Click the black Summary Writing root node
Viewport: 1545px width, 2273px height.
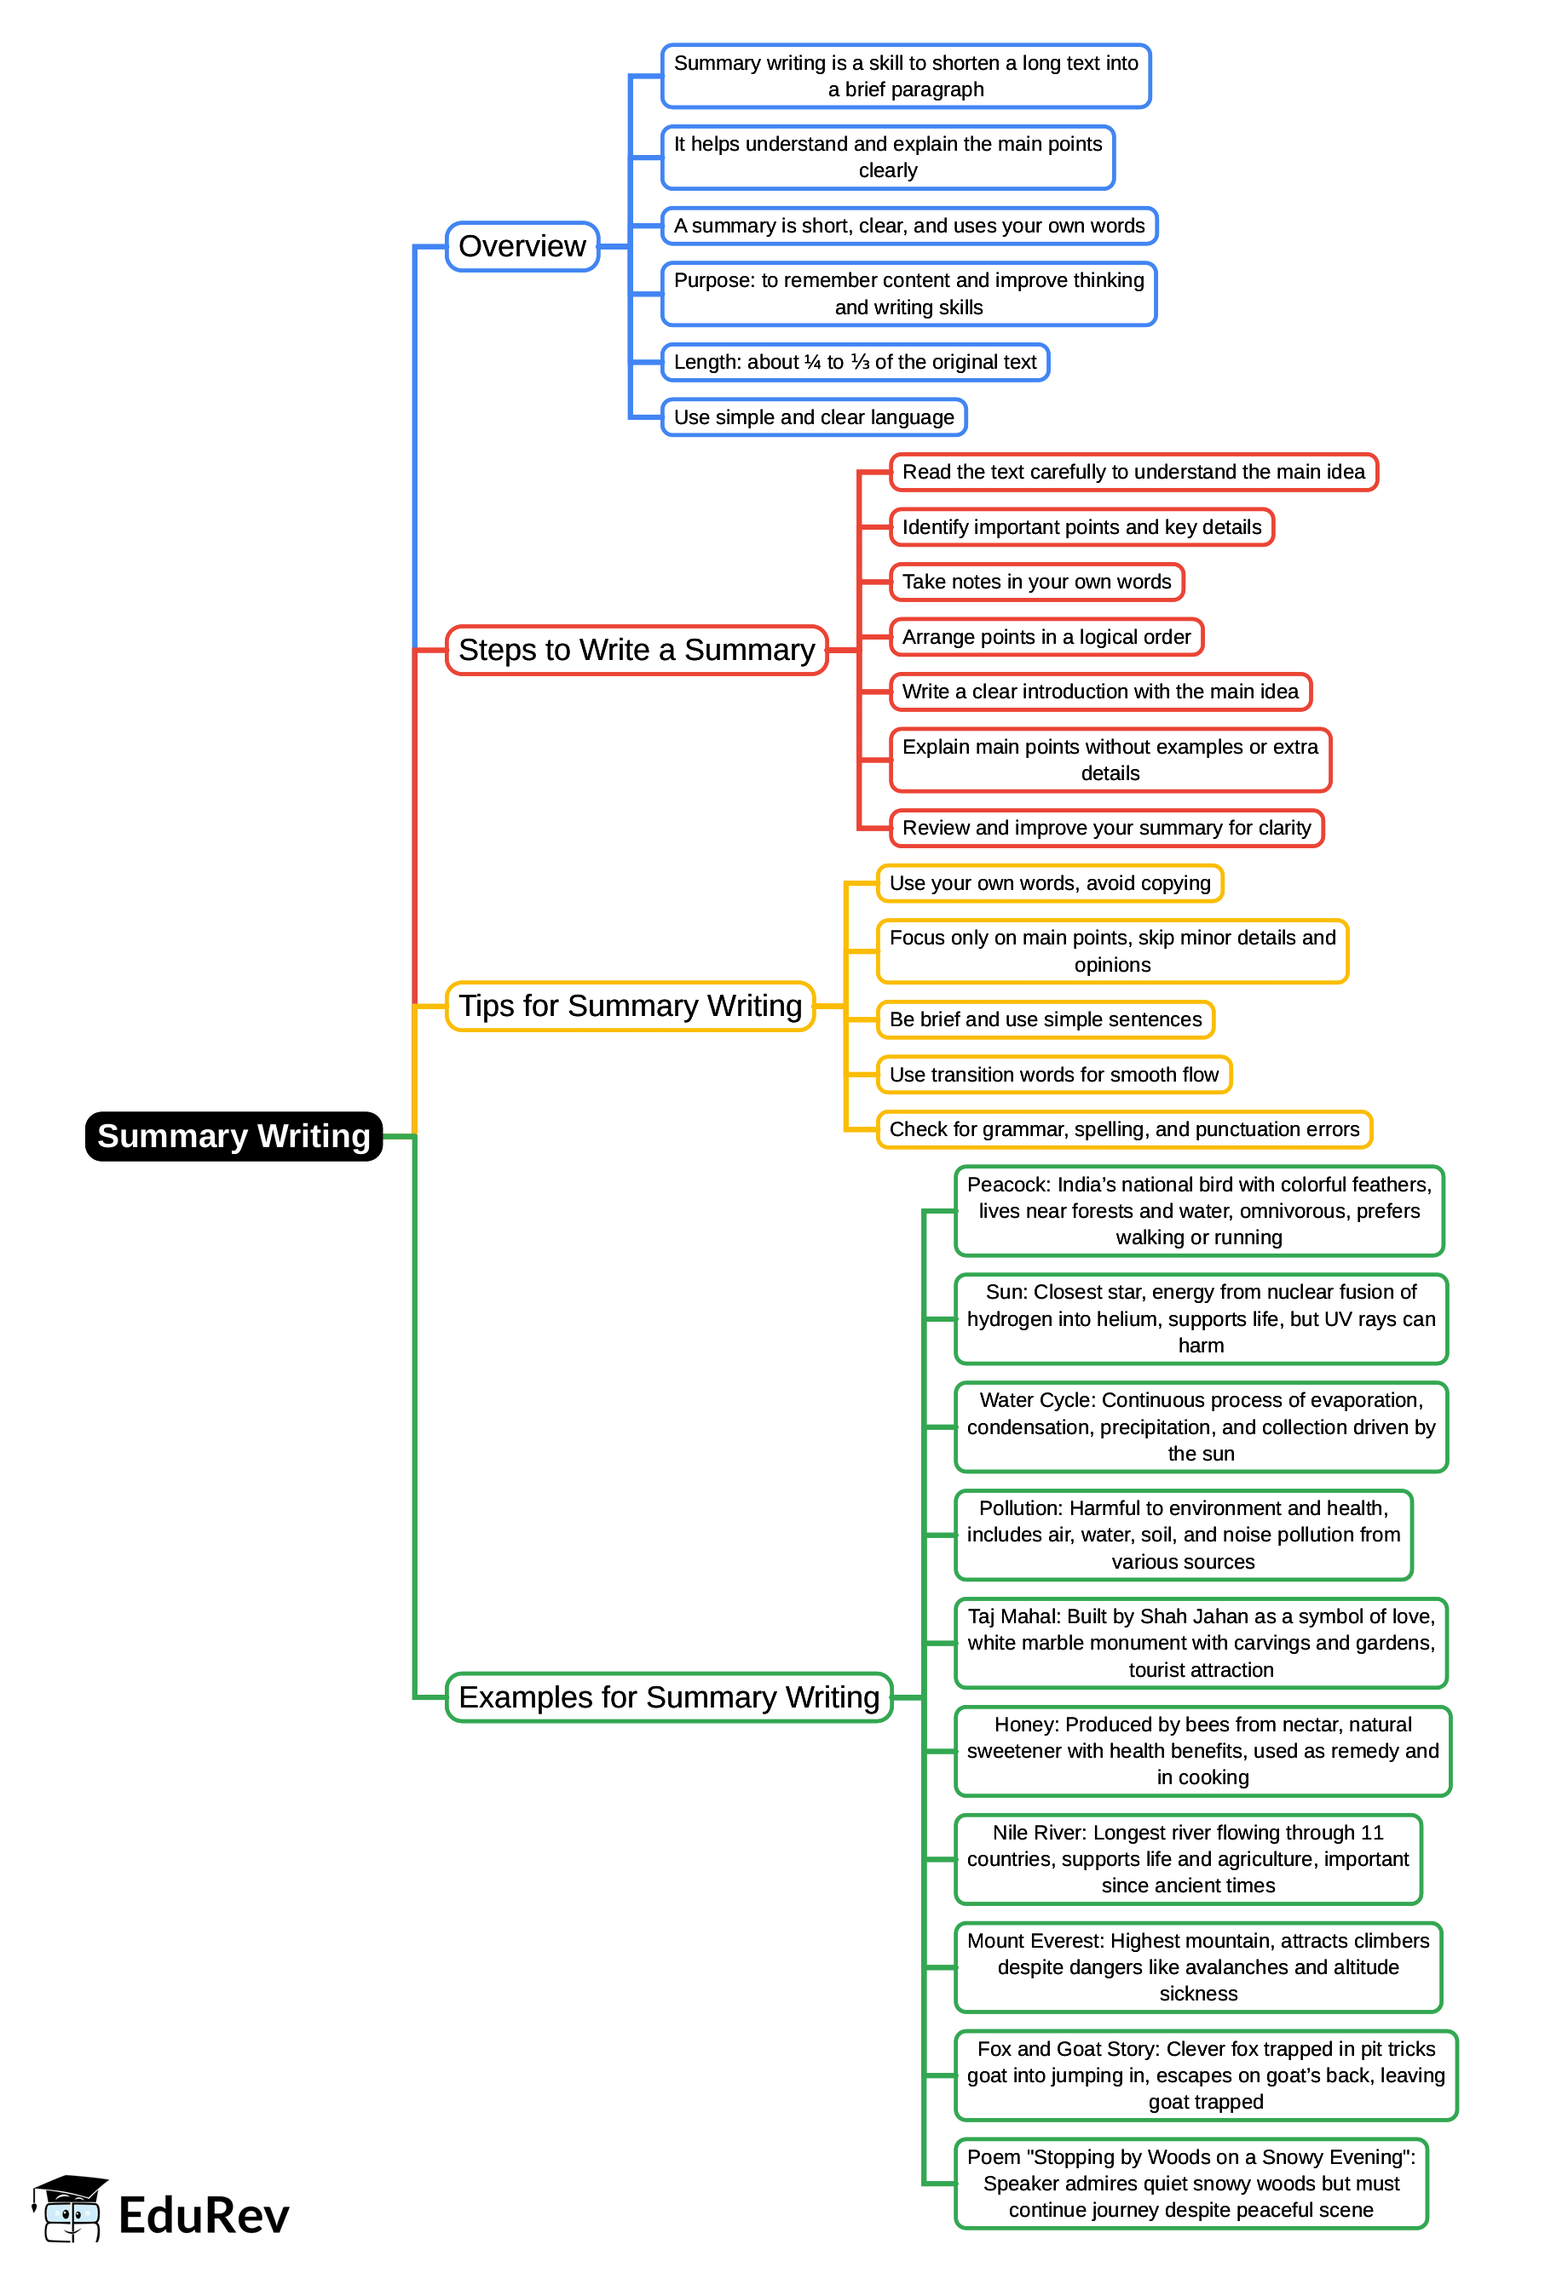click(x=233, y=1135)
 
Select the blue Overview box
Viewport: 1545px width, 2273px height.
click(x=522, y=246)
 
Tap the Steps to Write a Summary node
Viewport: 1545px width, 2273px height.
click(x=636, y=651)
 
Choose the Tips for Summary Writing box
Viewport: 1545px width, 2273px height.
click(x=629, y=1007)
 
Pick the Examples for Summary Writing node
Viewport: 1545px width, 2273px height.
click(x=668, y=1697)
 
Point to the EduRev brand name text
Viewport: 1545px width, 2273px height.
click(x=204, y=2215)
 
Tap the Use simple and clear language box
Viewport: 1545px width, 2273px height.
click(x=813, y=417)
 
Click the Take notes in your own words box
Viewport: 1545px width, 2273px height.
click(x=1036, y=582)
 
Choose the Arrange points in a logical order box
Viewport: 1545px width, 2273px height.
click(x=1046, y=637)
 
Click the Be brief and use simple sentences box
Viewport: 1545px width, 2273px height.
click(x=1045, y=1019)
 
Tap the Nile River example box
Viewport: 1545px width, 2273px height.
click(x=1188, y=1859)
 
